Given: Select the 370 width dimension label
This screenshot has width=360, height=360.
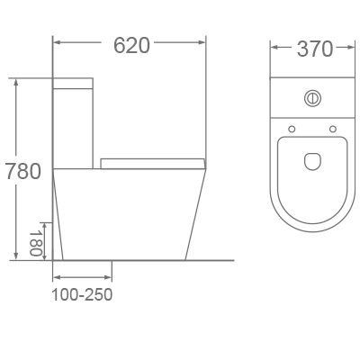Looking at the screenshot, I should pos(314,49).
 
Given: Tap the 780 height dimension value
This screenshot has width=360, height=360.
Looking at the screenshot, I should pos(22,171).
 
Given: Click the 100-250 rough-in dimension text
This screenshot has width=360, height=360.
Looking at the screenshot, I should pos(82,294).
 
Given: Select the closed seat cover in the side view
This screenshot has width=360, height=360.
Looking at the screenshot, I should pos(153,163).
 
